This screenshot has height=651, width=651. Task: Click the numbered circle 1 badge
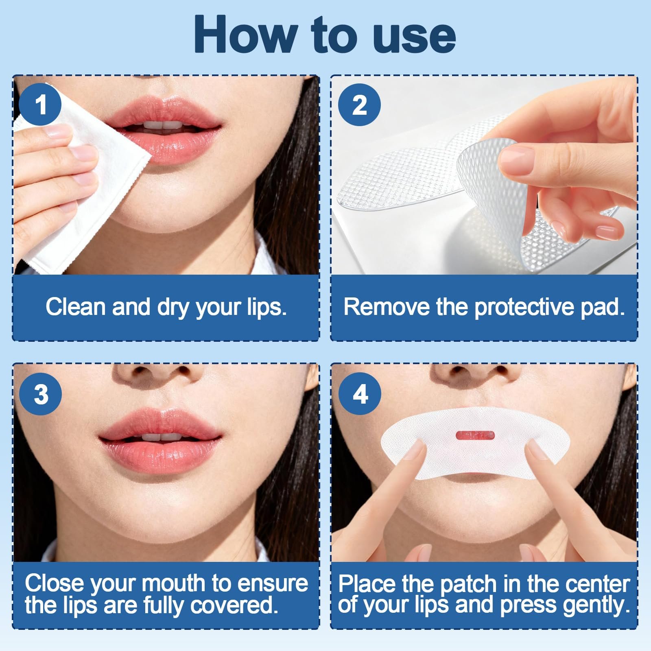click(40, 105)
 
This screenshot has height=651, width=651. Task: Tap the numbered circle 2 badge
click(360, 105)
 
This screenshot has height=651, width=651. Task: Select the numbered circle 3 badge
click(40, 394)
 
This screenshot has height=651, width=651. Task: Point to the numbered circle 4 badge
click(360, 394)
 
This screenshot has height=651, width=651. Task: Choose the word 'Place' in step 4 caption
click(367, 583)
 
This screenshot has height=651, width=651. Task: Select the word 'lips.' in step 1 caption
click(267, 307)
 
